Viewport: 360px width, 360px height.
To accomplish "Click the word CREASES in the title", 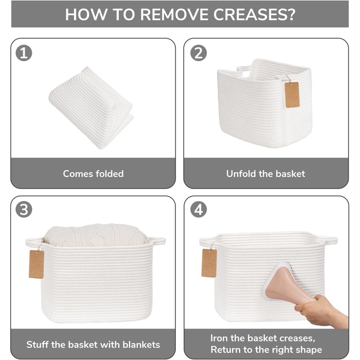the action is coord(254,14).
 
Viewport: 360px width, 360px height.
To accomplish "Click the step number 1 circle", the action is coord(24,53).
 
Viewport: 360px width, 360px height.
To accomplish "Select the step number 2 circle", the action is coord(199,53).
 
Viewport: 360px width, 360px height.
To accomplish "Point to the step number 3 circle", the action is coord(24,209).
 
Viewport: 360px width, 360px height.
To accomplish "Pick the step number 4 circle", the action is coord(199,209).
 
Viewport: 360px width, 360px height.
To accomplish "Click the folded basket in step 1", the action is coord(91,107).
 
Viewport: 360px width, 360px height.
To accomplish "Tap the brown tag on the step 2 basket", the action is coord(292,95).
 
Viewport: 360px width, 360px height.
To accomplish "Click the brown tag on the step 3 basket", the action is coord(37,264).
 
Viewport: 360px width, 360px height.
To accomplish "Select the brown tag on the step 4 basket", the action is coord(209,263).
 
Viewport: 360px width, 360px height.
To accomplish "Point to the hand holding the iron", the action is coord(321,312).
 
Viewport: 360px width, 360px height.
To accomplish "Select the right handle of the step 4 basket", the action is coord(329,240).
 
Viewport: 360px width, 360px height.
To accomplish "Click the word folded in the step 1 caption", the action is coord(110,174).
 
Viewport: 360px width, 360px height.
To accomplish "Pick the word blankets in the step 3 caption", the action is coord(141,345).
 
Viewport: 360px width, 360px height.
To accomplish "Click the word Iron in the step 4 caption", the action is coord(219,338).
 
